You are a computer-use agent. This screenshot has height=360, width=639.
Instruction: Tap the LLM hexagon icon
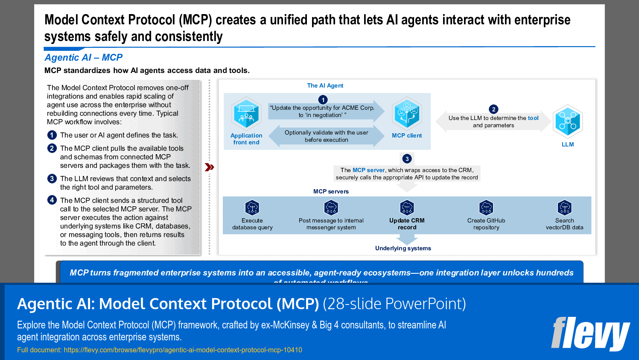(567, 121)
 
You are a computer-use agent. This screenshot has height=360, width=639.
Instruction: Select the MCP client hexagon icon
(407, 114)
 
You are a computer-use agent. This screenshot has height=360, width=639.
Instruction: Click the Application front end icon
(246, 114)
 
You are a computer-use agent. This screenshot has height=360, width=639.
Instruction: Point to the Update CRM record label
(407, 224)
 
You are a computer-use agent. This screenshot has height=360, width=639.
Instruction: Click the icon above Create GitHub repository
(486, 208)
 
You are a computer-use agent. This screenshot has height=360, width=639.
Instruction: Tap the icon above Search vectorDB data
(564, 208)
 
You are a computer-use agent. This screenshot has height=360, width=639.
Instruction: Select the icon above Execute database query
(252, 208)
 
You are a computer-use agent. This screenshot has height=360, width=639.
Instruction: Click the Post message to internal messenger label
(331, 224)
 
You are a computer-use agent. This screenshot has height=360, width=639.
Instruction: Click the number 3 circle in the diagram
(407, 159)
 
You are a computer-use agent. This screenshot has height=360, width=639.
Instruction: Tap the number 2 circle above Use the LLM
(493, 109)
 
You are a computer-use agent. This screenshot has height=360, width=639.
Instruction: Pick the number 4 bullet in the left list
(52, 200)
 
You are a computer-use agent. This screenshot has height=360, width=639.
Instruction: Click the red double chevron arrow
(209, 167)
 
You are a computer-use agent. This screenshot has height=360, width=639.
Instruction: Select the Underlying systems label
(403, 248)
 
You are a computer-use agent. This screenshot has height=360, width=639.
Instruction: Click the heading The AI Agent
(325, 85)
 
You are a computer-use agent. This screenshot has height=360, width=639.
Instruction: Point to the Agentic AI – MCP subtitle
(84, 57)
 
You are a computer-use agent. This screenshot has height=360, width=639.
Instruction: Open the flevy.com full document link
(183, 350)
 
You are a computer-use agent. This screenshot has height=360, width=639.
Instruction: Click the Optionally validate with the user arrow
(326, 136)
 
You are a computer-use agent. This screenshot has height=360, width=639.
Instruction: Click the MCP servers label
(331, 191)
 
